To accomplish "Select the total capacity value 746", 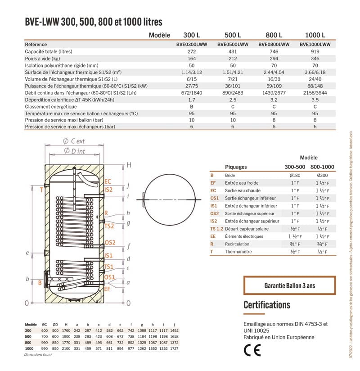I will point(274,52).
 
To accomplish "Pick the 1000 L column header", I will point(315,35).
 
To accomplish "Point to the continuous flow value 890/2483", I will point(233,93).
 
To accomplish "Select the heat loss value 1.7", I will point(192,100).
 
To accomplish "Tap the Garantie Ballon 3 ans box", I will point(289,285).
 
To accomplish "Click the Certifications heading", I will point(267,305).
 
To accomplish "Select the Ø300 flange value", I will point(320,175).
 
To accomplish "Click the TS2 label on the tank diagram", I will point(109,226).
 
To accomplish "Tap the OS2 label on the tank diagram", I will point(110,243).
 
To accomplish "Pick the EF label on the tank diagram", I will point(107,289).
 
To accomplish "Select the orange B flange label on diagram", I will point(40,283).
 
